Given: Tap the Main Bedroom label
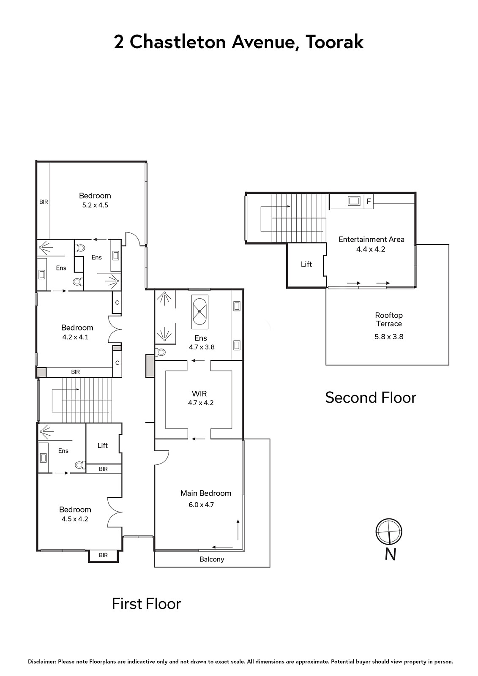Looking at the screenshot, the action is coord(206,493).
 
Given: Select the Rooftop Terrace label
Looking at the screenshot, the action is coord(389,319).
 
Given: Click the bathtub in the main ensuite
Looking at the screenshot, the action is coord(199,312).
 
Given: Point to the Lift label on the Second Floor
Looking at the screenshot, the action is coord(306,264).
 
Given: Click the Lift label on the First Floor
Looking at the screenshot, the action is coord(103,445).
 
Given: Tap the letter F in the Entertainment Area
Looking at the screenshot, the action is coord(369,201).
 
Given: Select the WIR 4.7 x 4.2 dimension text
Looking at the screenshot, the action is coord(201,403).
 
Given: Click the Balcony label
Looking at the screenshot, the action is coord(212,559).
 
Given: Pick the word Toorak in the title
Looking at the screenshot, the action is coord(334,42).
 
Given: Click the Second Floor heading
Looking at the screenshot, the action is coord(371,398).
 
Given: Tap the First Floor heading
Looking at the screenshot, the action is coord(147,604).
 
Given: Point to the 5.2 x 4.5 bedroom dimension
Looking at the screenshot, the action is coord(95,205).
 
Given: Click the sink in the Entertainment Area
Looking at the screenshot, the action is coord(354,201).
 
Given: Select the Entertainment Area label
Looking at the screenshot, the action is coord(371,239).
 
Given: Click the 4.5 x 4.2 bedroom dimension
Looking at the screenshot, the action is coord(75,519).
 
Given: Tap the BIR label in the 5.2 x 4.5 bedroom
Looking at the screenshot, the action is coord(44,202).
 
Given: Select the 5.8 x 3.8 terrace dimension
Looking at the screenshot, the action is coord(389,337).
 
